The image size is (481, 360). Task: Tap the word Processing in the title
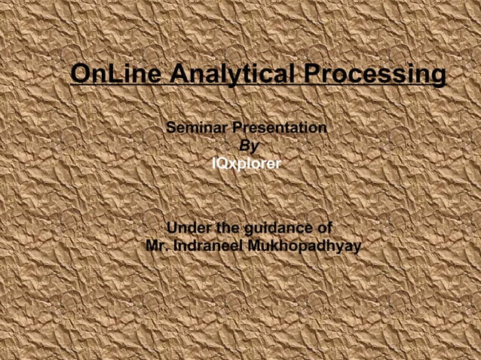pyautogui.click(x=373, y=75)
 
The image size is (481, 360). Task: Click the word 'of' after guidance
pyautogui.click(x=325, y=228)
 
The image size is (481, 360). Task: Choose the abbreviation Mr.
pyautogui.click(x=157, y=246)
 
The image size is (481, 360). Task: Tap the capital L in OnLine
pyautogui.click(x=114, y=75)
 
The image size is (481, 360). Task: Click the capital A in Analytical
pyautogui.click(x=179, y=75)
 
